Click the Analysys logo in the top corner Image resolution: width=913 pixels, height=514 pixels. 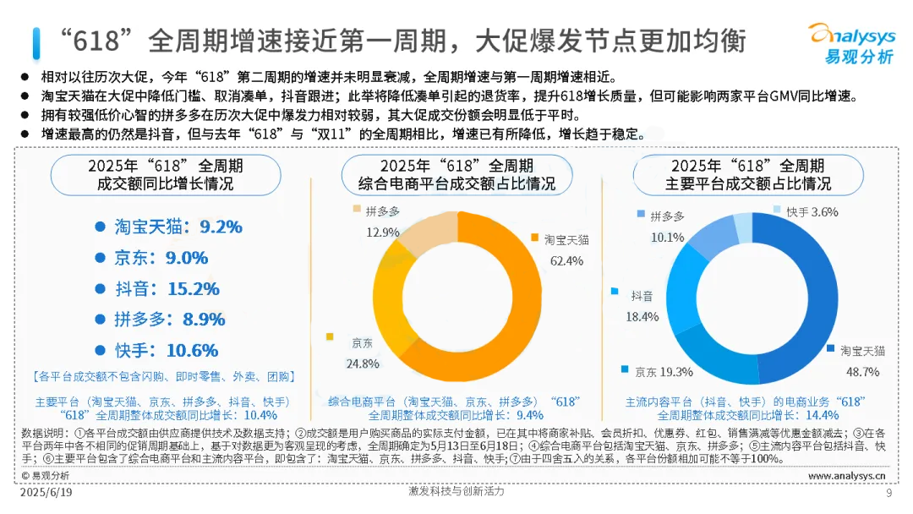pos(851,42)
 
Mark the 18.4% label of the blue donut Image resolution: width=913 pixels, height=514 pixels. pos(642,316)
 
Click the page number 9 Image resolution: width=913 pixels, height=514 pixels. pos(888,493)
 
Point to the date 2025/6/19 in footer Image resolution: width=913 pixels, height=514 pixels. pos(46,492)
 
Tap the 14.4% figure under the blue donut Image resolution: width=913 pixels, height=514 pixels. pos(821,415)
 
